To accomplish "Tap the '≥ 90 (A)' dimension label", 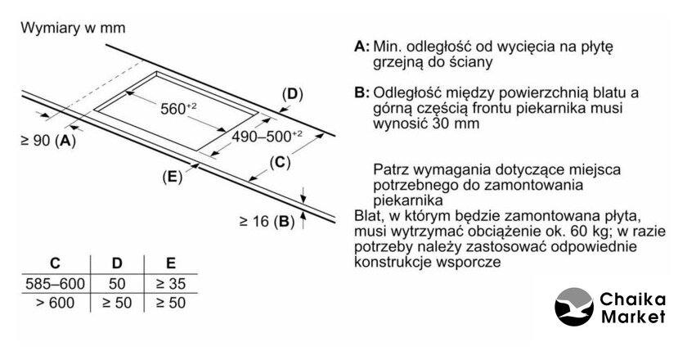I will pyautogui.click(x=47, y=141).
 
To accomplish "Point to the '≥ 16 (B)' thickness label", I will pyautogui.click(x=267, y=221).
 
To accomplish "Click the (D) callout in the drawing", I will pyautogui.click(x=292, y=94).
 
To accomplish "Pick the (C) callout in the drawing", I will pyautogui.click(x=280, y=162).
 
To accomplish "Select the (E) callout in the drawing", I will pyautogui.click(x=172, y=175).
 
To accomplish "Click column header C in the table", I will pyautogui.click(x=55, y=263).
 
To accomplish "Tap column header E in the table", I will pyautogui.click(x=170, y=263).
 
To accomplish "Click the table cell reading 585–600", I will pyautogui.click(x=55, y=283).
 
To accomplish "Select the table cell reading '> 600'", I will pyautogui.click(x=55, y=303).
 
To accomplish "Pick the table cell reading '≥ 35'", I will pyautogui.click(x=170, y=283).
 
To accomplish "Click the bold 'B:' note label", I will pyautogui.click(x=362, y=93).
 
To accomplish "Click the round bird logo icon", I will pyautogui.click(x=574, y=309).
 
